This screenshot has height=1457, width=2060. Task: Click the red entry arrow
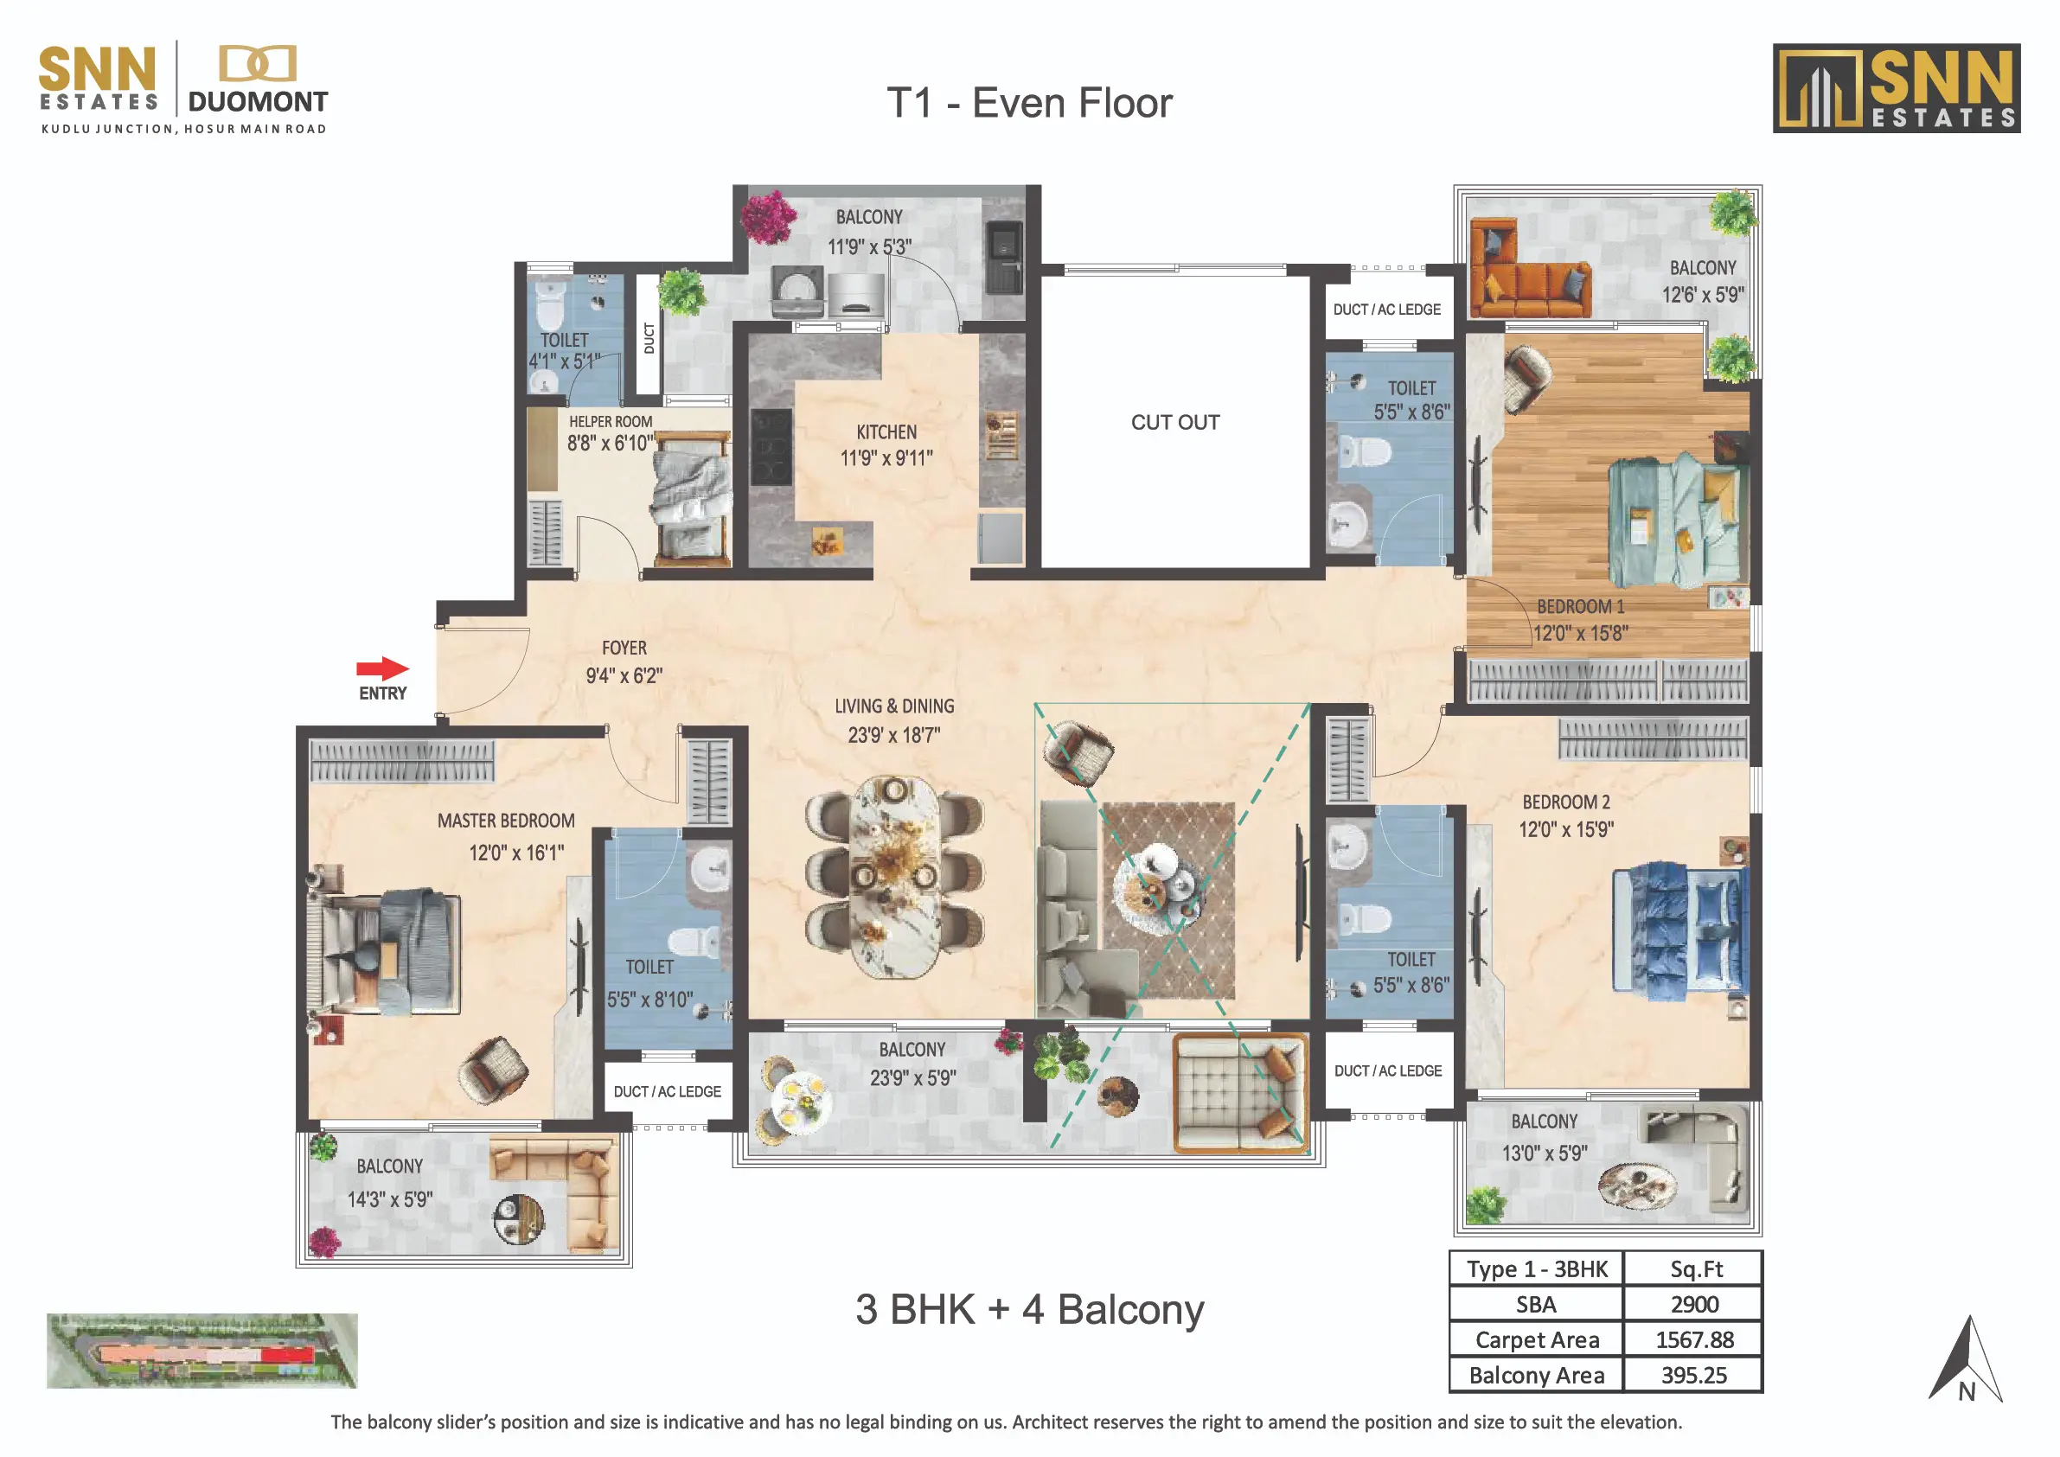[x=383, y=668]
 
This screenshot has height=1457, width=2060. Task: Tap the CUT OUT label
[x=1175, y=423]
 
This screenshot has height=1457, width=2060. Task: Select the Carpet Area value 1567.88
[x=1694, y=1340]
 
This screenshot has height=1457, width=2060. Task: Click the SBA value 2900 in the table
[x=1694, y=1306]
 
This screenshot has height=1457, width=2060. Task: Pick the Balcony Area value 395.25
[x=1694, y=1376]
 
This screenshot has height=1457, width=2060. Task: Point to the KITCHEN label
[x=886, y=432]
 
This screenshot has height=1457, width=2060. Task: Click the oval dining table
[x=893, y=876]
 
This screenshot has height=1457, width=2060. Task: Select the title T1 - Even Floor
[x=1029, y=103]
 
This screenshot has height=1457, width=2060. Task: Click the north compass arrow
[x=1965, y=1358]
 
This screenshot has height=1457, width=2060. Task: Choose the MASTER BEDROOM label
[x=506, y=821]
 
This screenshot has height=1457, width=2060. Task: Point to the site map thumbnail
[x=202, y=1352]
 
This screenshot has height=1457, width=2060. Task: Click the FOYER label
[x=624, y=648]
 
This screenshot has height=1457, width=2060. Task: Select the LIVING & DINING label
[x=894, y=707]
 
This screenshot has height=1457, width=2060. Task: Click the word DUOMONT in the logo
[x=258, y=101]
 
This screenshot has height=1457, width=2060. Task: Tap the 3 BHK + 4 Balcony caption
[x=1029, y=1310]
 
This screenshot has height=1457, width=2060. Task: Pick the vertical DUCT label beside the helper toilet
[x=649, y=338]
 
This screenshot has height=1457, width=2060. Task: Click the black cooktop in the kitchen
[x=771, y=447]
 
